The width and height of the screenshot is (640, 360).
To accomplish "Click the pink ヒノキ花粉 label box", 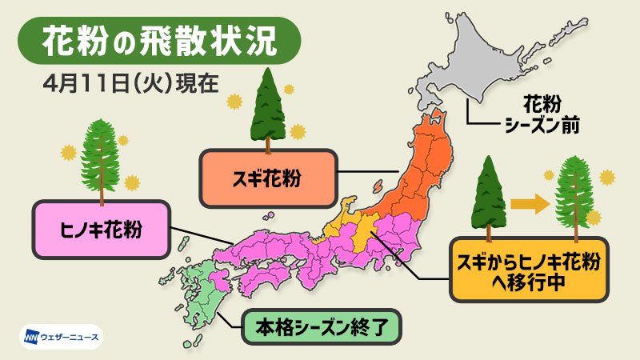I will tap(101, 230).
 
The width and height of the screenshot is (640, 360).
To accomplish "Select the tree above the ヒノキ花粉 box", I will tap(100, 160).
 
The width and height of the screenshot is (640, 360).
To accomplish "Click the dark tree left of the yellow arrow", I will tap(487, 195).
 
